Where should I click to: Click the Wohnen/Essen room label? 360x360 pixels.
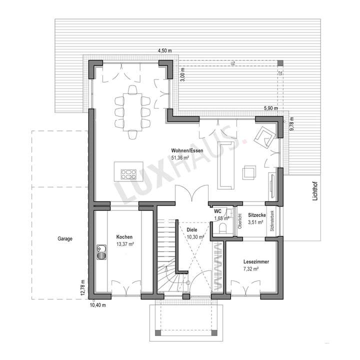click(183, 150)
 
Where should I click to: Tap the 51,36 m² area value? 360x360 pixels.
click(179, 157)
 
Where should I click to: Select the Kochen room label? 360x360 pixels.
click(124, 236)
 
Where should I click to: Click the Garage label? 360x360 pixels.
click(64, 239)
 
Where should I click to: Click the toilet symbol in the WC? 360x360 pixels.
click(223, 227)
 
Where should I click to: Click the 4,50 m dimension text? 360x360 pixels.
click(164, 51)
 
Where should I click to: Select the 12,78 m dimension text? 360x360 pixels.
click(84, 288)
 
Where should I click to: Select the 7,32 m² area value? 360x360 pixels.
click(250, 269)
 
